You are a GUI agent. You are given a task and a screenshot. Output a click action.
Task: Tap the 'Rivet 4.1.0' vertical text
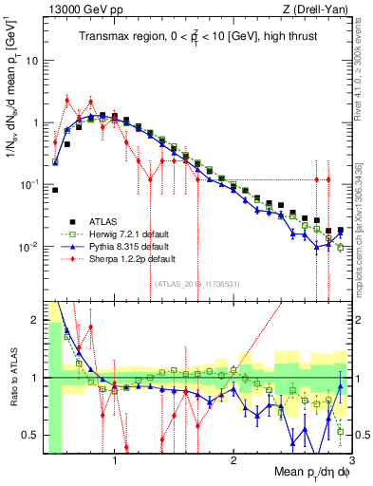click(x=364, y=71)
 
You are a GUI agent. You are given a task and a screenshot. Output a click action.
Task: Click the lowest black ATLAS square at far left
click(x=56, y=190)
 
